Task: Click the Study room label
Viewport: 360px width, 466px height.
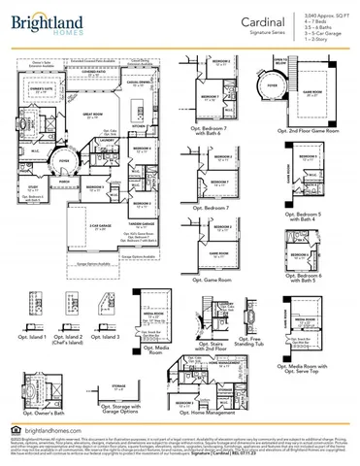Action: pos(31,186)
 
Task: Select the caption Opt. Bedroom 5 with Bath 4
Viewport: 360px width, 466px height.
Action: pos(311,217)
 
